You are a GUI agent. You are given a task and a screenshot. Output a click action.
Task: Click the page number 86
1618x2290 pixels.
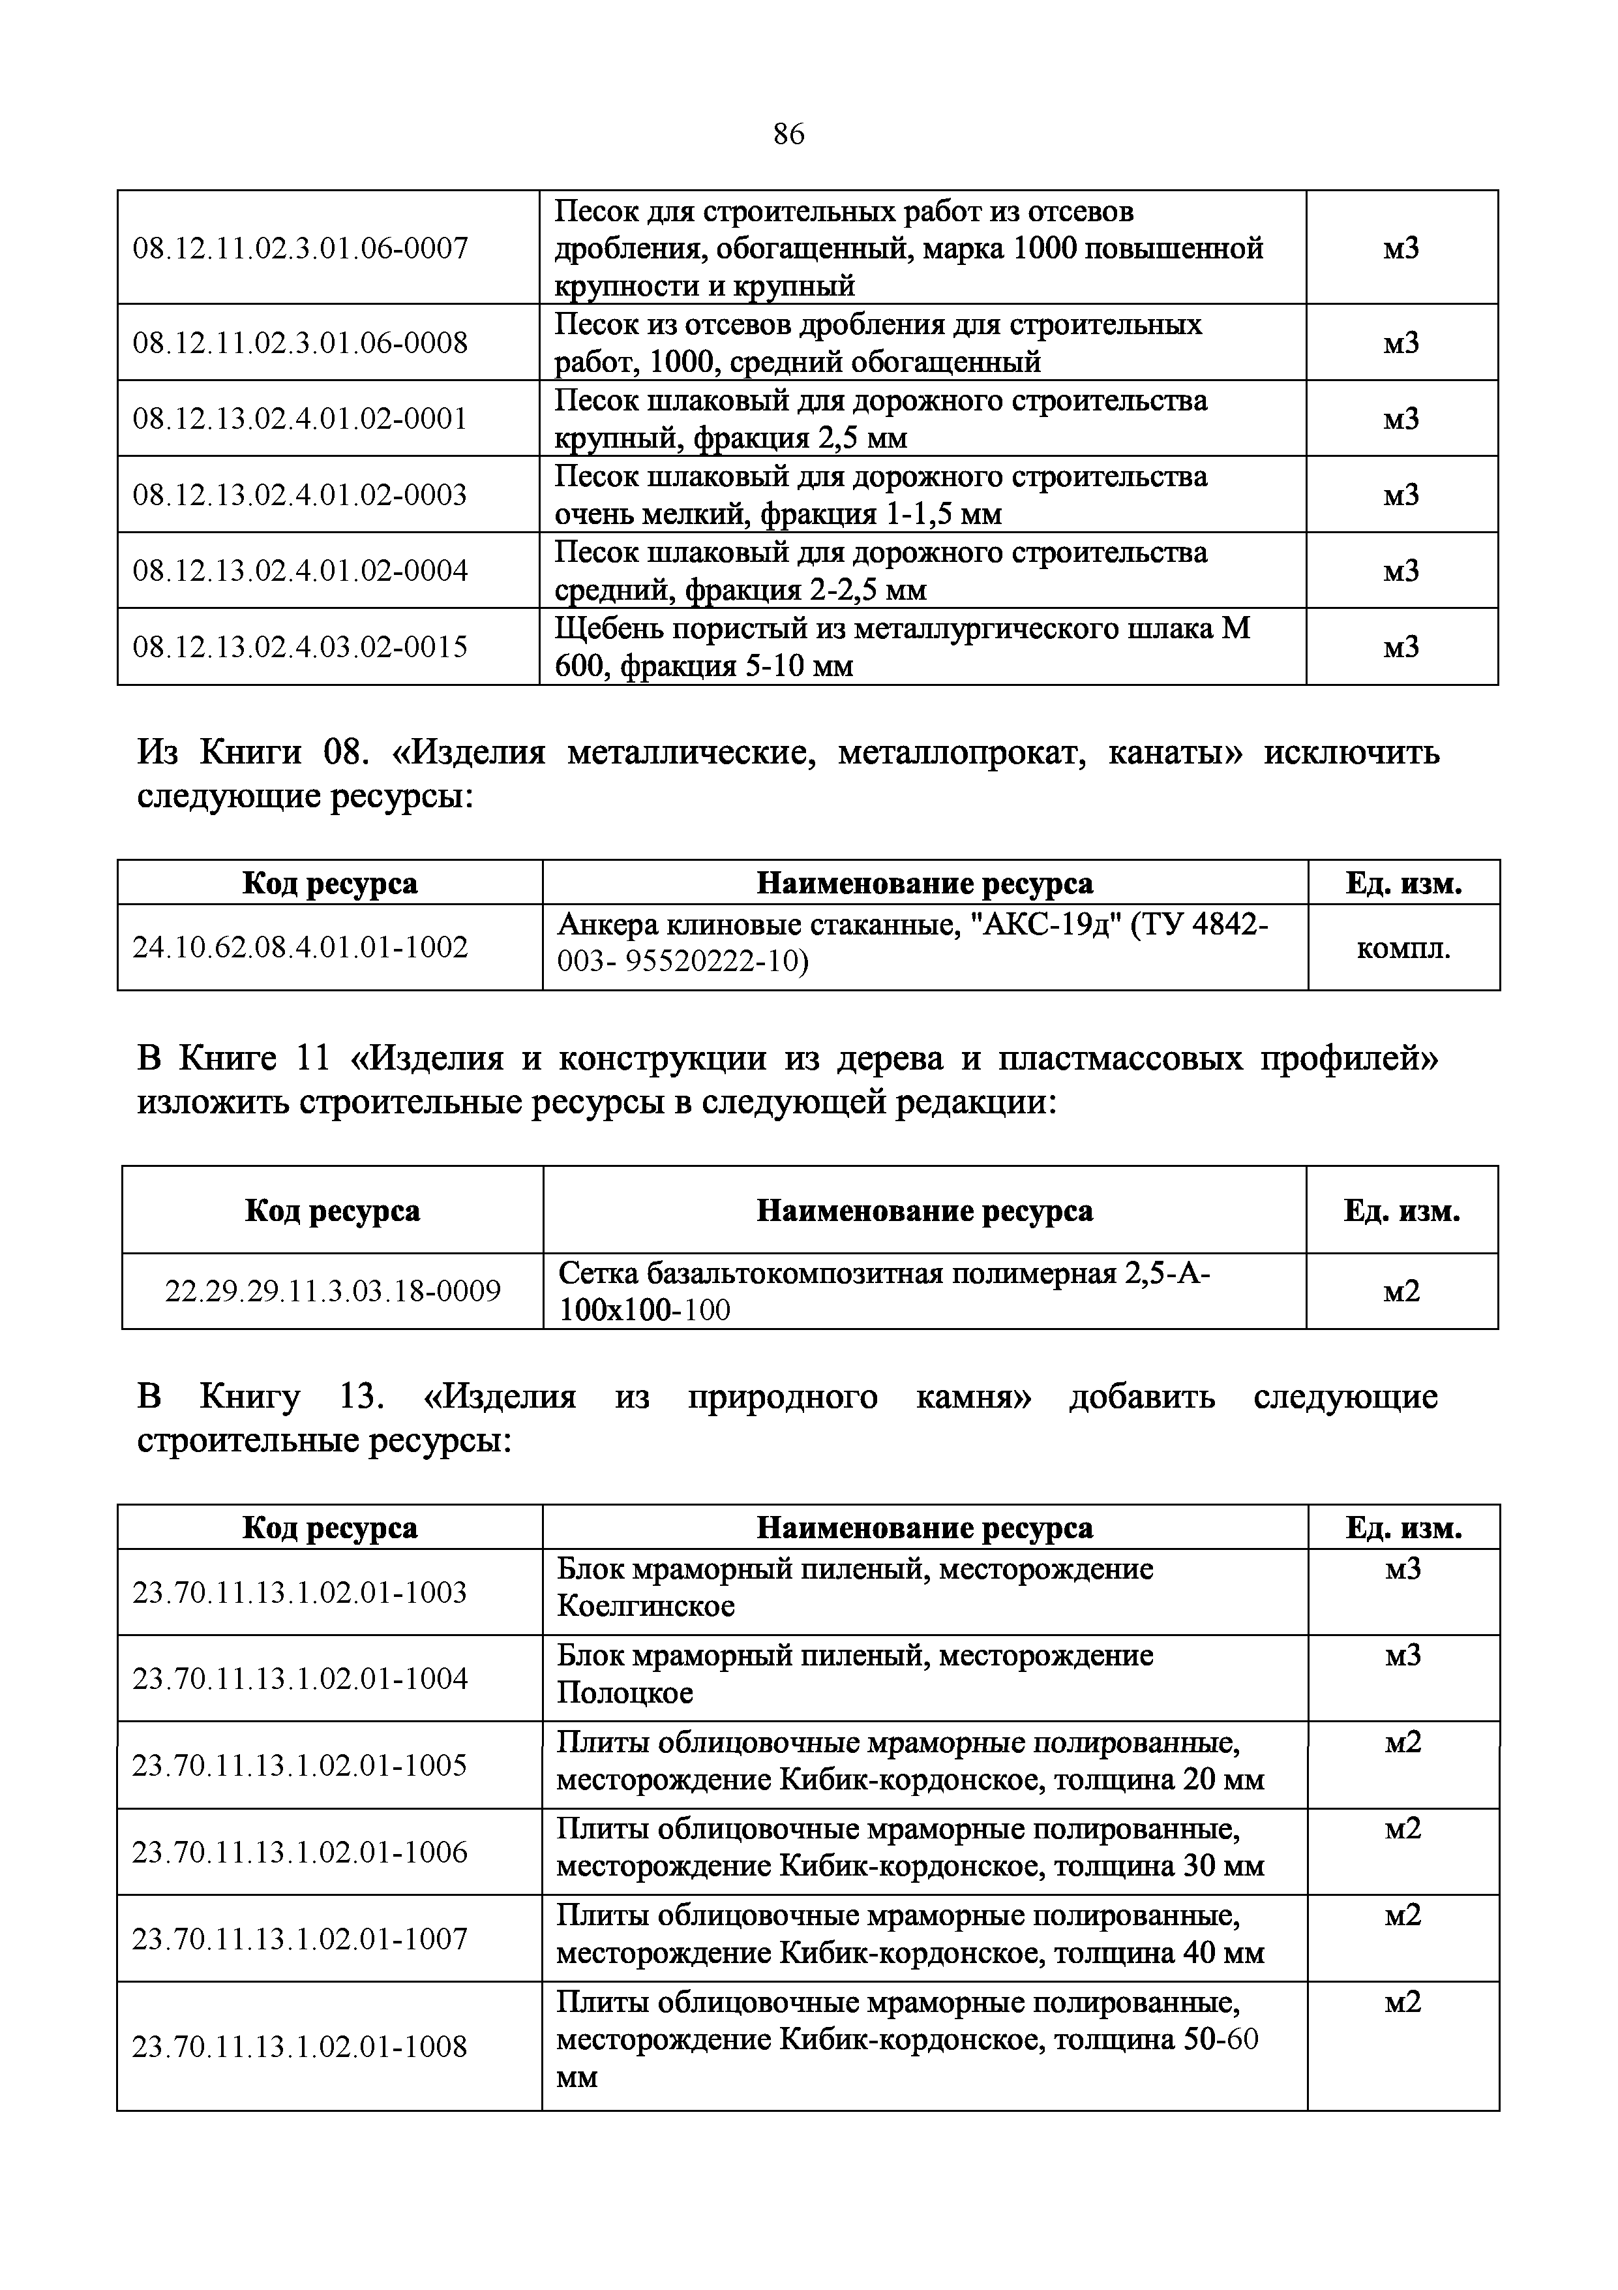pyautogui.click(x=788, y=134)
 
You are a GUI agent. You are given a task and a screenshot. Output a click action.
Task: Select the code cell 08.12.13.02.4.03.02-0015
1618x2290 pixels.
pyautogui.click(x=300, y=647)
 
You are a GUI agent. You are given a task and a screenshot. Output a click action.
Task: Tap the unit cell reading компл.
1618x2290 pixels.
pyautogui.click(x=1403, y=948)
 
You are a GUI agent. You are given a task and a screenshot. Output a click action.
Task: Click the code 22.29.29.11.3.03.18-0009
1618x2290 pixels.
pyautogui.click(x=332, y=1292)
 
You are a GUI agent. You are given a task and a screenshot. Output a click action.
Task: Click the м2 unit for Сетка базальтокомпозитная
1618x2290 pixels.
pyautogui.click(x=1401, y=1292)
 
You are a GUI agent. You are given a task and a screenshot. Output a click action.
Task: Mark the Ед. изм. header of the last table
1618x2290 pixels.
pyautogui.click(x=1403, y=1528)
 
